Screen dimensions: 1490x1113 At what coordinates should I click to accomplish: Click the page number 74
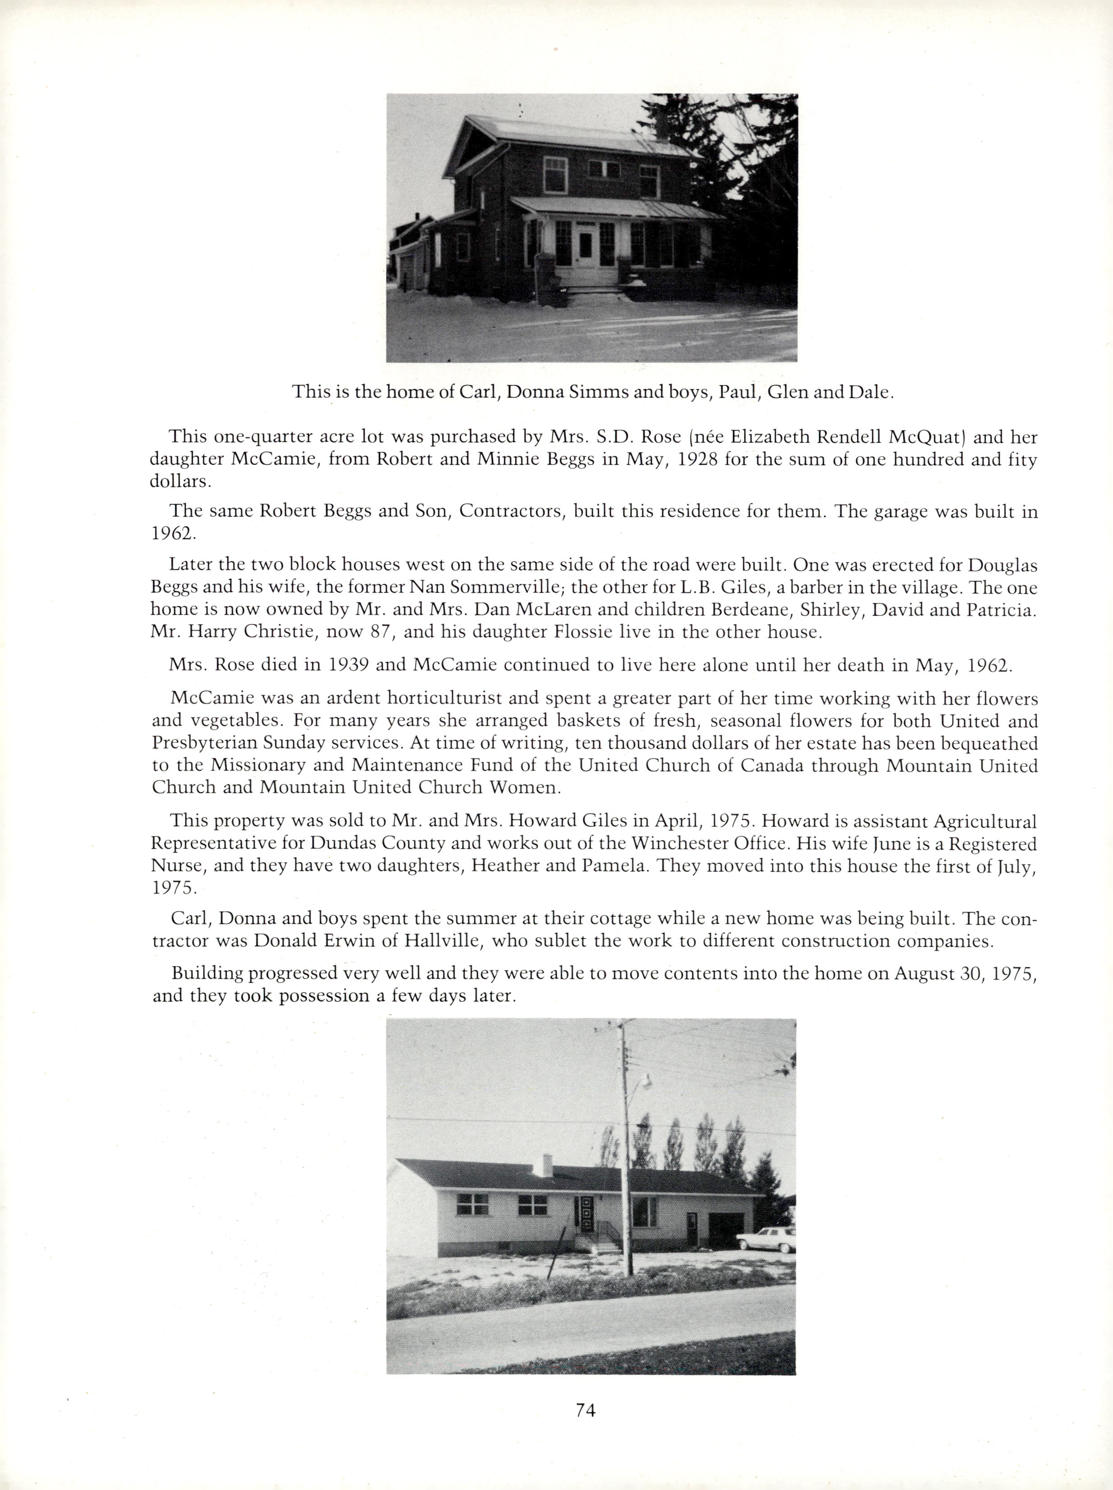(586, 1409)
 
